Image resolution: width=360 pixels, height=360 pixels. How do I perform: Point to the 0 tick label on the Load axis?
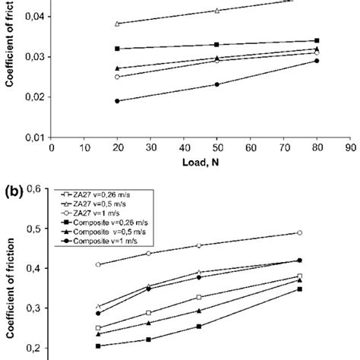coord(50,149)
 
